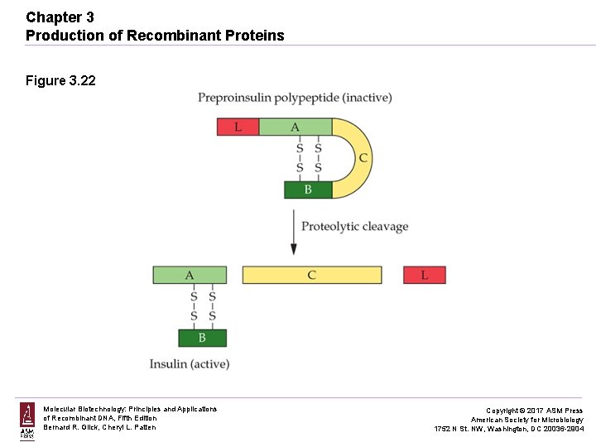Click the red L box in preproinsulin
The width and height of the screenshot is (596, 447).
pyautogui.click(x=238, y=127)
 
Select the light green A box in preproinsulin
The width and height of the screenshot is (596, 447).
pyautogui.click(x=295, y=127)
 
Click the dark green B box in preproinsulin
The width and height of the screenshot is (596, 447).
pyautogui.click(x=308, y=190)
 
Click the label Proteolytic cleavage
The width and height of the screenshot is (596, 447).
pyautogui.click(x=354, y=226)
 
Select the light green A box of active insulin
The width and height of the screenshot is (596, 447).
pyautogui.click(x=190, y=275)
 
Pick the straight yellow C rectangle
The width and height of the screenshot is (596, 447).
pyautogui.click(x=312, y=275)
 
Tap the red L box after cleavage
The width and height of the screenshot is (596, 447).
pyautogui.click(x=425, y=275)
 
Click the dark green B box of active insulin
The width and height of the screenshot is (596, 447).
pyautogui.click(x=202, y=338)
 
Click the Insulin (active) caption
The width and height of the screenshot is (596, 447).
pyautogui.click(x=190, y=363)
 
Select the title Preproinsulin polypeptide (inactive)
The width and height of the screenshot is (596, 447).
pyautogui.click(x=295, y=98)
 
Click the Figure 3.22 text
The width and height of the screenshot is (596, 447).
pyautogui.click(x=60, y=80)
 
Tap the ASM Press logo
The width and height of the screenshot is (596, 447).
pyautogui.click(x=27, y=421)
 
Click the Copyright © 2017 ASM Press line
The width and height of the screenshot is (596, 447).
pyautogui.click(x=534, y=411)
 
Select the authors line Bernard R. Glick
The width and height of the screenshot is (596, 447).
pyautogui.click(x=99, y=427)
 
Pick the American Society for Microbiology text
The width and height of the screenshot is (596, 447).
pyautogui.click(x=526, y=420)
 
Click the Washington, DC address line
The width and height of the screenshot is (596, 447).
pyautogui.click(x=509, y=429)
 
